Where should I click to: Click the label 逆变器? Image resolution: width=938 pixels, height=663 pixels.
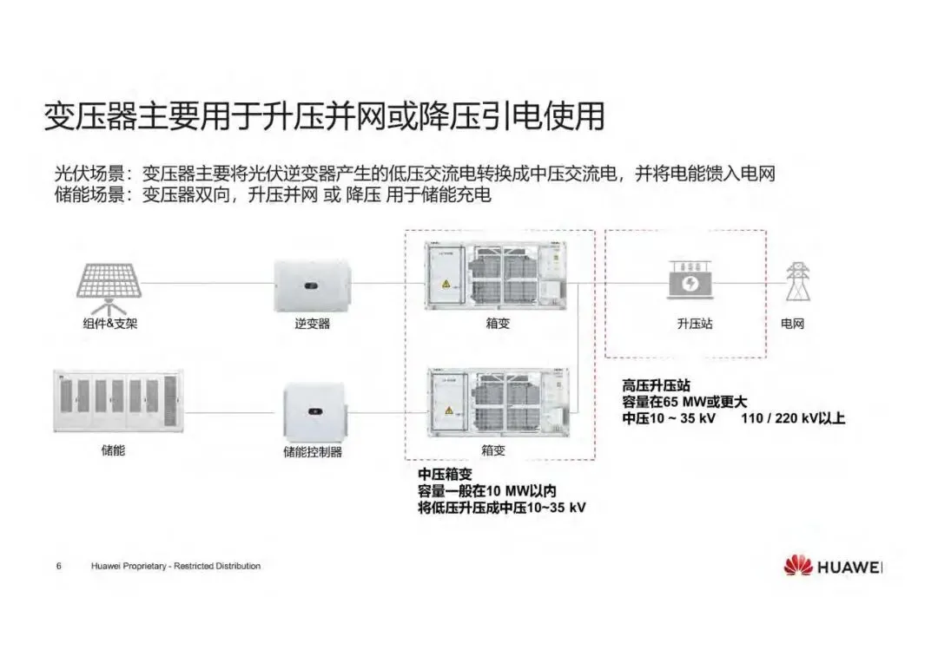(313, 324)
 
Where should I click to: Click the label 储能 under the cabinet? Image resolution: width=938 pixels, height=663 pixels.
(113, 451)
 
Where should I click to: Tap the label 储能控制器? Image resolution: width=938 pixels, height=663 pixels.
(313, 452)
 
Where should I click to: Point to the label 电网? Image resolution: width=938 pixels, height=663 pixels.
(793, 324)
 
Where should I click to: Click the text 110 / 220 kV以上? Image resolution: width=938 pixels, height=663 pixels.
(793, 418)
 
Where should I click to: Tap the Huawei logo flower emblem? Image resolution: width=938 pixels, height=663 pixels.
(796, 567)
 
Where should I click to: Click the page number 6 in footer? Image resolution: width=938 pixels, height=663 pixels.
(58, 567)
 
